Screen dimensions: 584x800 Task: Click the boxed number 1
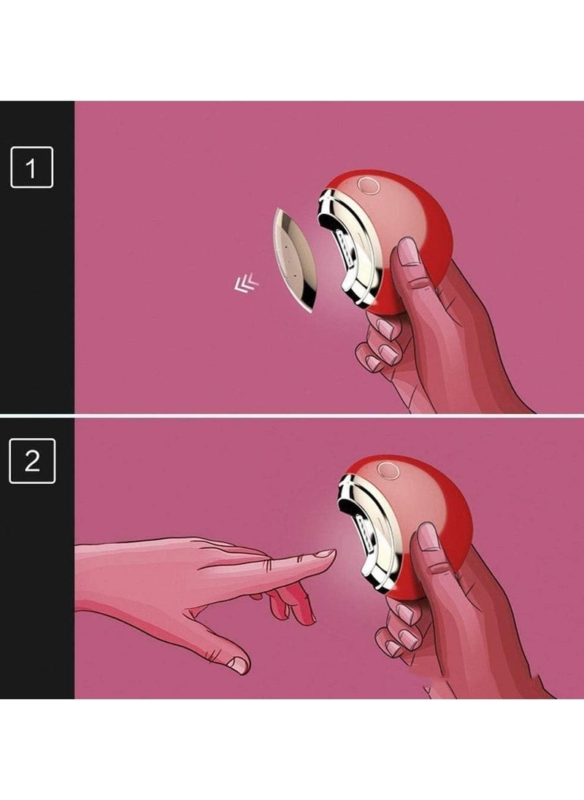31,167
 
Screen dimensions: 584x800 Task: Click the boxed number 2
31,461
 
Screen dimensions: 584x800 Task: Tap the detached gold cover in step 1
293,259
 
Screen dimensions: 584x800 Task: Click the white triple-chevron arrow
246,283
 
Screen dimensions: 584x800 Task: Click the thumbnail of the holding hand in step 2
429,536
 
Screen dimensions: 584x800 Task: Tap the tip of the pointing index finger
334,553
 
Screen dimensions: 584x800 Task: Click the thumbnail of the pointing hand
237,663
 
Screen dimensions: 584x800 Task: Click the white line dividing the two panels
292,416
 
